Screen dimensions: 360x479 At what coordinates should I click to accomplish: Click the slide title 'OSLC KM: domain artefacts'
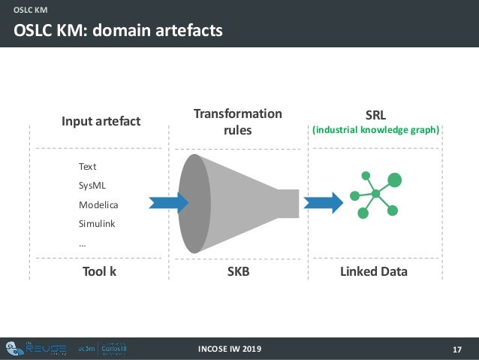[x=116, y=31]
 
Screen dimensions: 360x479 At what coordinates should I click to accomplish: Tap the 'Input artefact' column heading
[x=101, y=121]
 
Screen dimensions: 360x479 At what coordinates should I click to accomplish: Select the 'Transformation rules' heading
[x=237, y=122]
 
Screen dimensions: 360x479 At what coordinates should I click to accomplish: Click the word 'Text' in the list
[x=87, y=166]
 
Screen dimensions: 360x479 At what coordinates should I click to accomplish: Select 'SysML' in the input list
[x=92, y=185]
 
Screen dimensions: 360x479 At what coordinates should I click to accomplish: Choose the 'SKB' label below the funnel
[x=238, y=271]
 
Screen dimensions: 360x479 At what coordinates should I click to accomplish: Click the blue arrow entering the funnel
[x=168, y=202]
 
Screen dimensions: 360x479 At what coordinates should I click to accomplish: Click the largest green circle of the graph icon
[x=394, y=180]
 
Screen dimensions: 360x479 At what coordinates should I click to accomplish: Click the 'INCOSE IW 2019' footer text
[x=230, y=349]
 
